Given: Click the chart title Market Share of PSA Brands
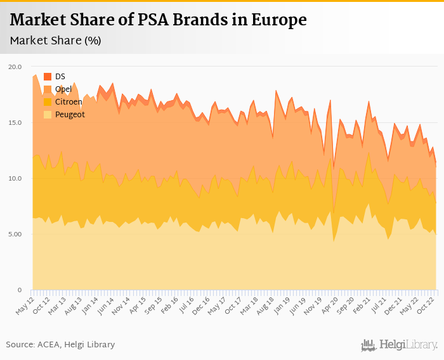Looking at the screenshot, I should [158, 20].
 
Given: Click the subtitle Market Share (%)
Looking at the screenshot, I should [56, 41].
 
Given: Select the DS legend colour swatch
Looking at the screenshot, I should [48, 77].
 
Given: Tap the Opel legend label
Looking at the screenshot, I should [64, 89].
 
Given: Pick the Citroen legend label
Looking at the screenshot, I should [69, 101].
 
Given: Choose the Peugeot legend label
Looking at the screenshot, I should [70, 114].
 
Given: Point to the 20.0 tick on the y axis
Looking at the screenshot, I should [15, 67].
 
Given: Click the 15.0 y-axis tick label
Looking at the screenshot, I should [15, 122].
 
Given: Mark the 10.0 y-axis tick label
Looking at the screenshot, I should [15, 178].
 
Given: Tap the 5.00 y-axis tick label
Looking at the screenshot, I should [15, 234].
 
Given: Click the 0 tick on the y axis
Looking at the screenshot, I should [19, 290].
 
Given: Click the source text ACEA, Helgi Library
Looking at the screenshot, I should [60, 344].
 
